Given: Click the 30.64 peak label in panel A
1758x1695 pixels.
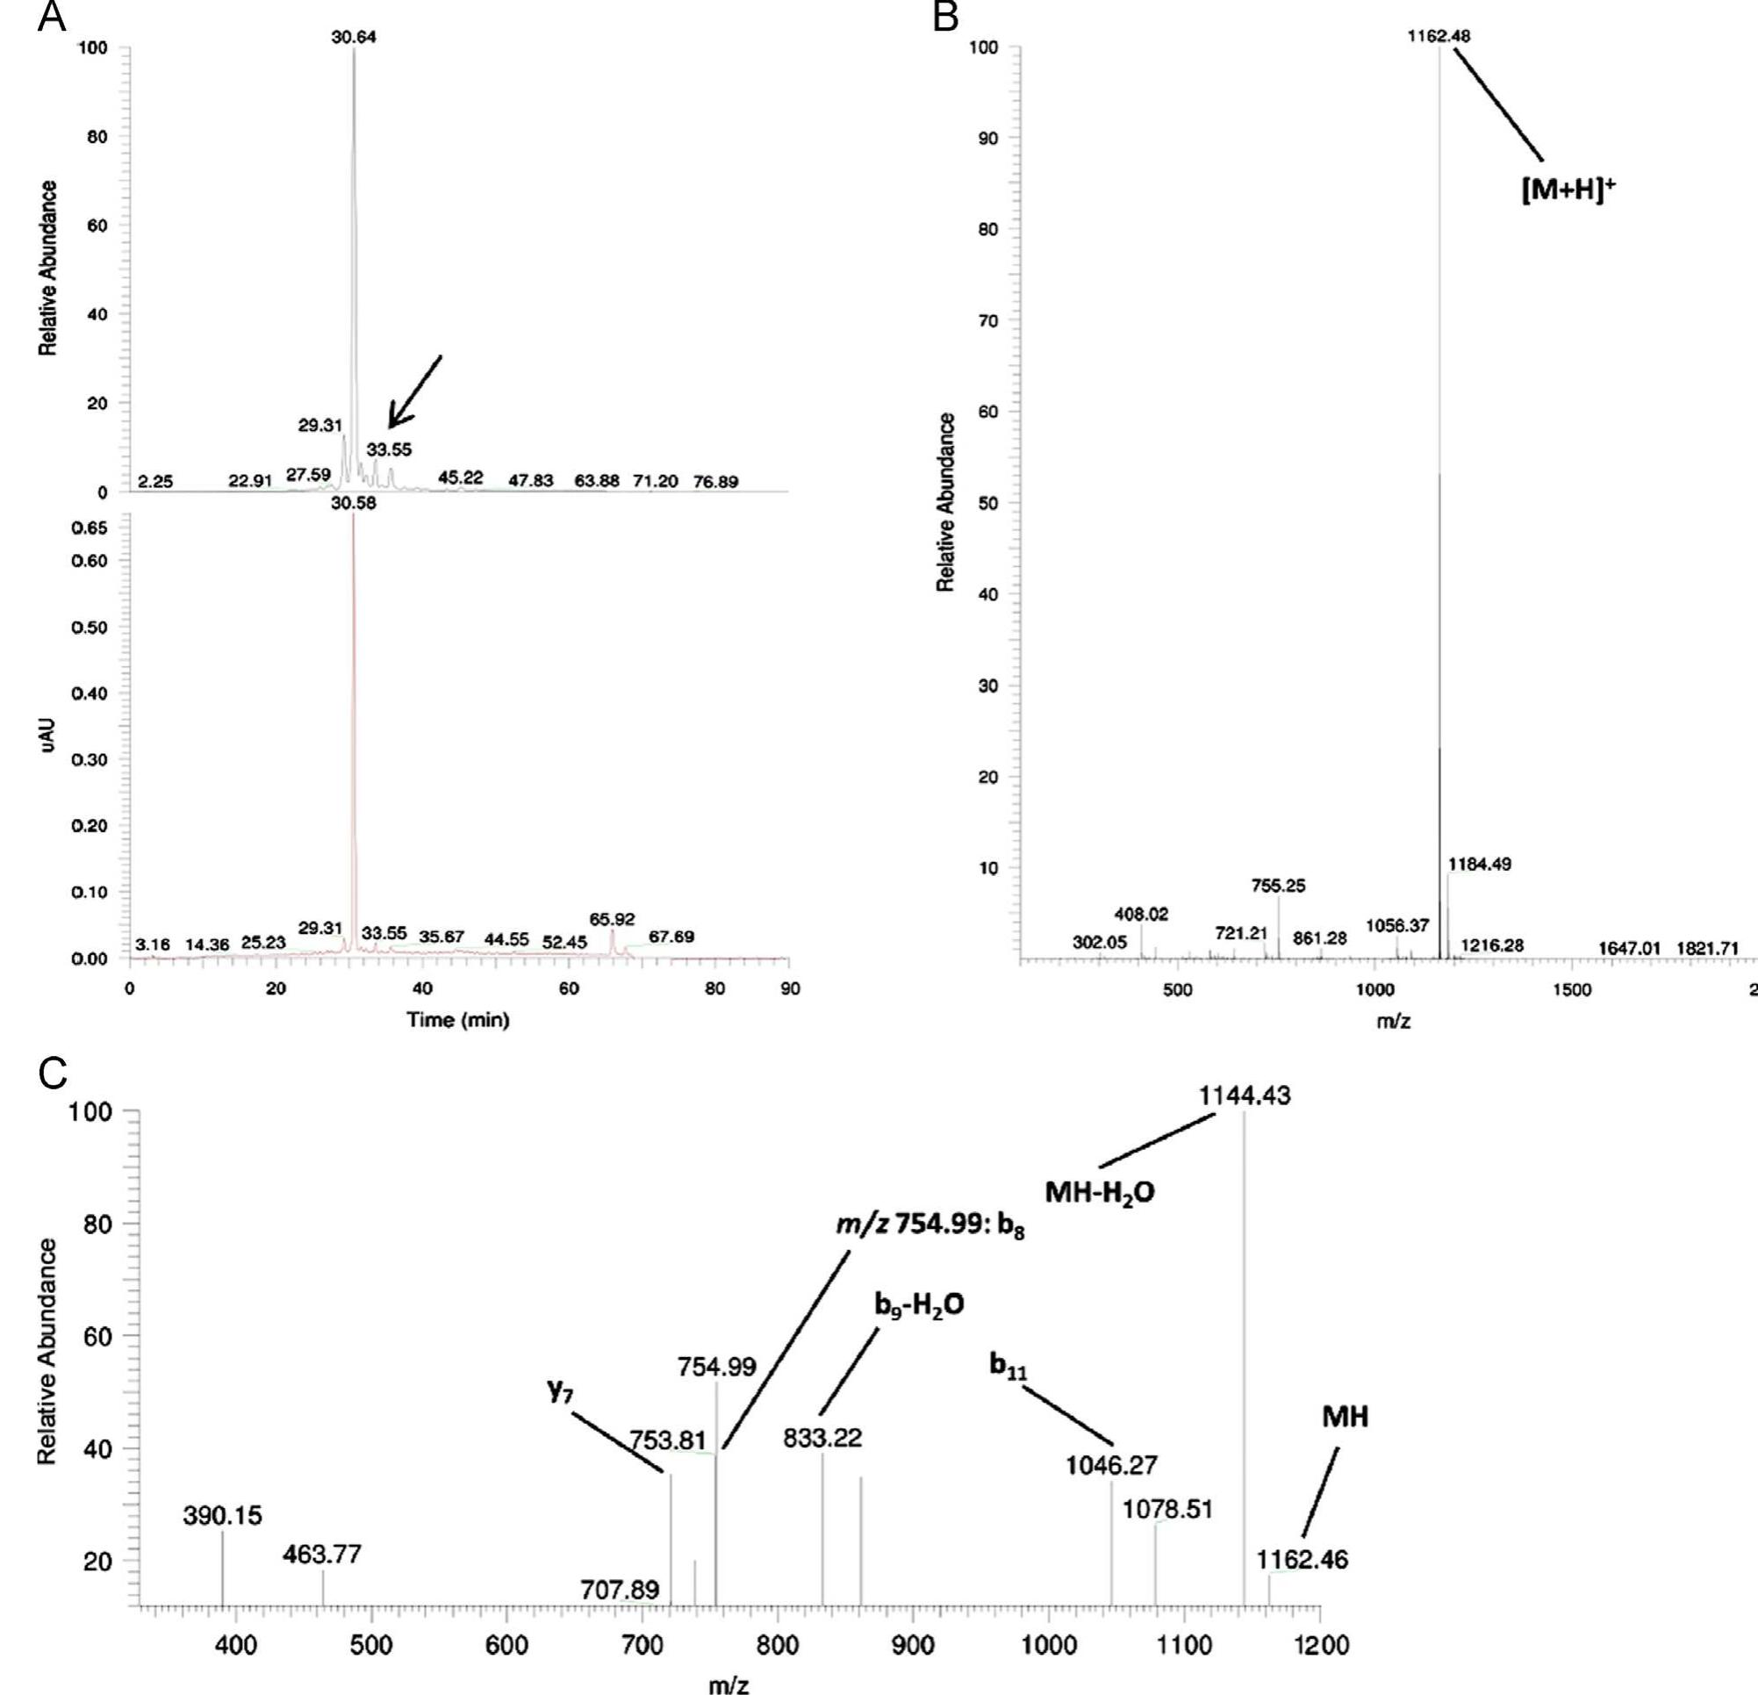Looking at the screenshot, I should click(354, 37).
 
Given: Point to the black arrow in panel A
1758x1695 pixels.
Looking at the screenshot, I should click(414, 390).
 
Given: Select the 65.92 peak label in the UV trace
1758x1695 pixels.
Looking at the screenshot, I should click(612, 919).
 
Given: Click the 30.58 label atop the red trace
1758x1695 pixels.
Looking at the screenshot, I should click(354, 503).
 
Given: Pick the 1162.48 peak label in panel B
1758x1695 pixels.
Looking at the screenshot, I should click(1439, 36).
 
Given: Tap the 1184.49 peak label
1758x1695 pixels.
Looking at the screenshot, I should click(1479, 864).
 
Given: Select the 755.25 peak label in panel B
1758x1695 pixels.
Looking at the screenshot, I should click(1278, 886).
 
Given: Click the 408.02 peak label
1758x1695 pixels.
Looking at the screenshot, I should click(1141, 914).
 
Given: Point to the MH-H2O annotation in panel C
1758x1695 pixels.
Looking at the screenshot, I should click(1100, 1192).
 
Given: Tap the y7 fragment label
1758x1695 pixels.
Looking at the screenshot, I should click(560, 1392).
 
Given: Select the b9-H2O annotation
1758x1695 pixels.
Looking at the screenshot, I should click(919, 1305).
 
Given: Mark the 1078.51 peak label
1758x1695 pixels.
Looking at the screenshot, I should click(1167, 1510).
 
